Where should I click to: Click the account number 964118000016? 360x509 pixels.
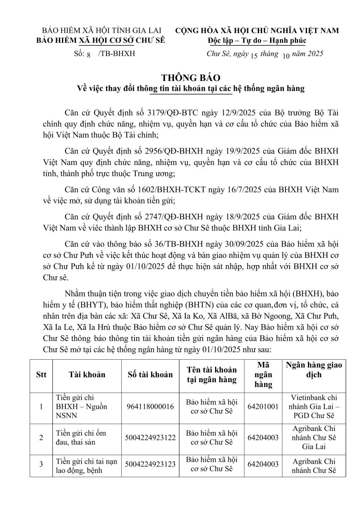point(150,406)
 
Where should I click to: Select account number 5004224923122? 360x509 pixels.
point(150,437)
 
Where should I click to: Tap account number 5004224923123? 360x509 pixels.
point(150,464)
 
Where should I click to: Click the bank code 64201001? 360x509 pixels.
point(263,406)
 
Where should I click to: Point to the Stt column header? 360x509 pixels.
point(41,375)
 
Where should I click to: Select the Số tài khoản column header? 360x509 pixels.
point(150,375)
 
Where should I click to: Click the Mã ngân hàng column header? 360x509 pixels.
point(263,375)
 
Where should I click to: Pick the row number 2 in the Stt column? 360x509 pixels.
point(41,437)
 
